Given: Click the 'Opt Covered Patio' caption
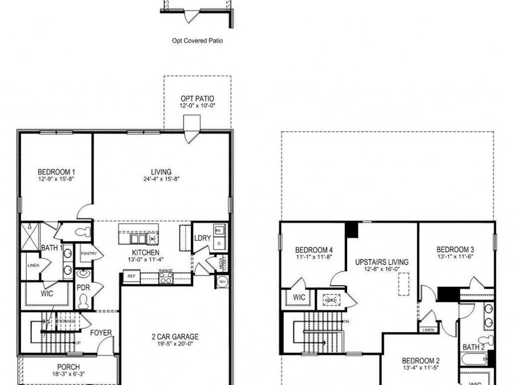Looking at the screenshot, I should coord(197,41).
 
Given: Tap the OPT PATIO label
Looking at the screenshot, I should coord(197,99).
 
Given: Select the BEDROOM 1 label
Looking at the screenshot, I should coord(56,172).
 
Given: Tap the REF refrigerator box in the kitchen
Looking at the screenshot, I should coord(131,277).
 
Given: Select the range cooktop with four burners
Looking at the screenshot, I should coord(166,278).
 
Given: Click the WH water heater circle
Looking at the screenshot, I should coord(222,281).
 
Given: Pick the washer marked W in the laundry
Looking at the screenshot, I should coord(219,230).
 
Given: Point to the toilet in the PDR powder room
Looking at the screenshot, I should coord(83,299).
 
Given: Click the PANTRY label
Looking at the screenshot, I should coord(88,253).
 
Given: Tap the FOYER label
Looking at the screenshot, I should coord(100,333).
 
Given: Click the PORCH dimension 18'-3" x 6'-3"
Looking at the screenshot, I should coord(68,375).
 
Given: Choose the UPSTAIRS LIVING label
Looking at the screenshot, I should coord(381,262).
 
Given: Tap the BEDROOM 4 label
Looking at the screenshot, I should coord(313,250).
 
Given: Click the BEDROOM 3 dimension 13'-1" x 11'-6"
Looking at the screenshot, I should coord(455,257).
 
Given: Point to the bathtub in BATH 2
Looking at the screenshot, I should coord(474,359).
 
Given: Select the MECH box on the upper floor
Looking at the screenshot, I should coord(331,299).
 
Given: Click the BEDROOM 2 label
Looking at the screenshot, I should coord(421,360).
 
